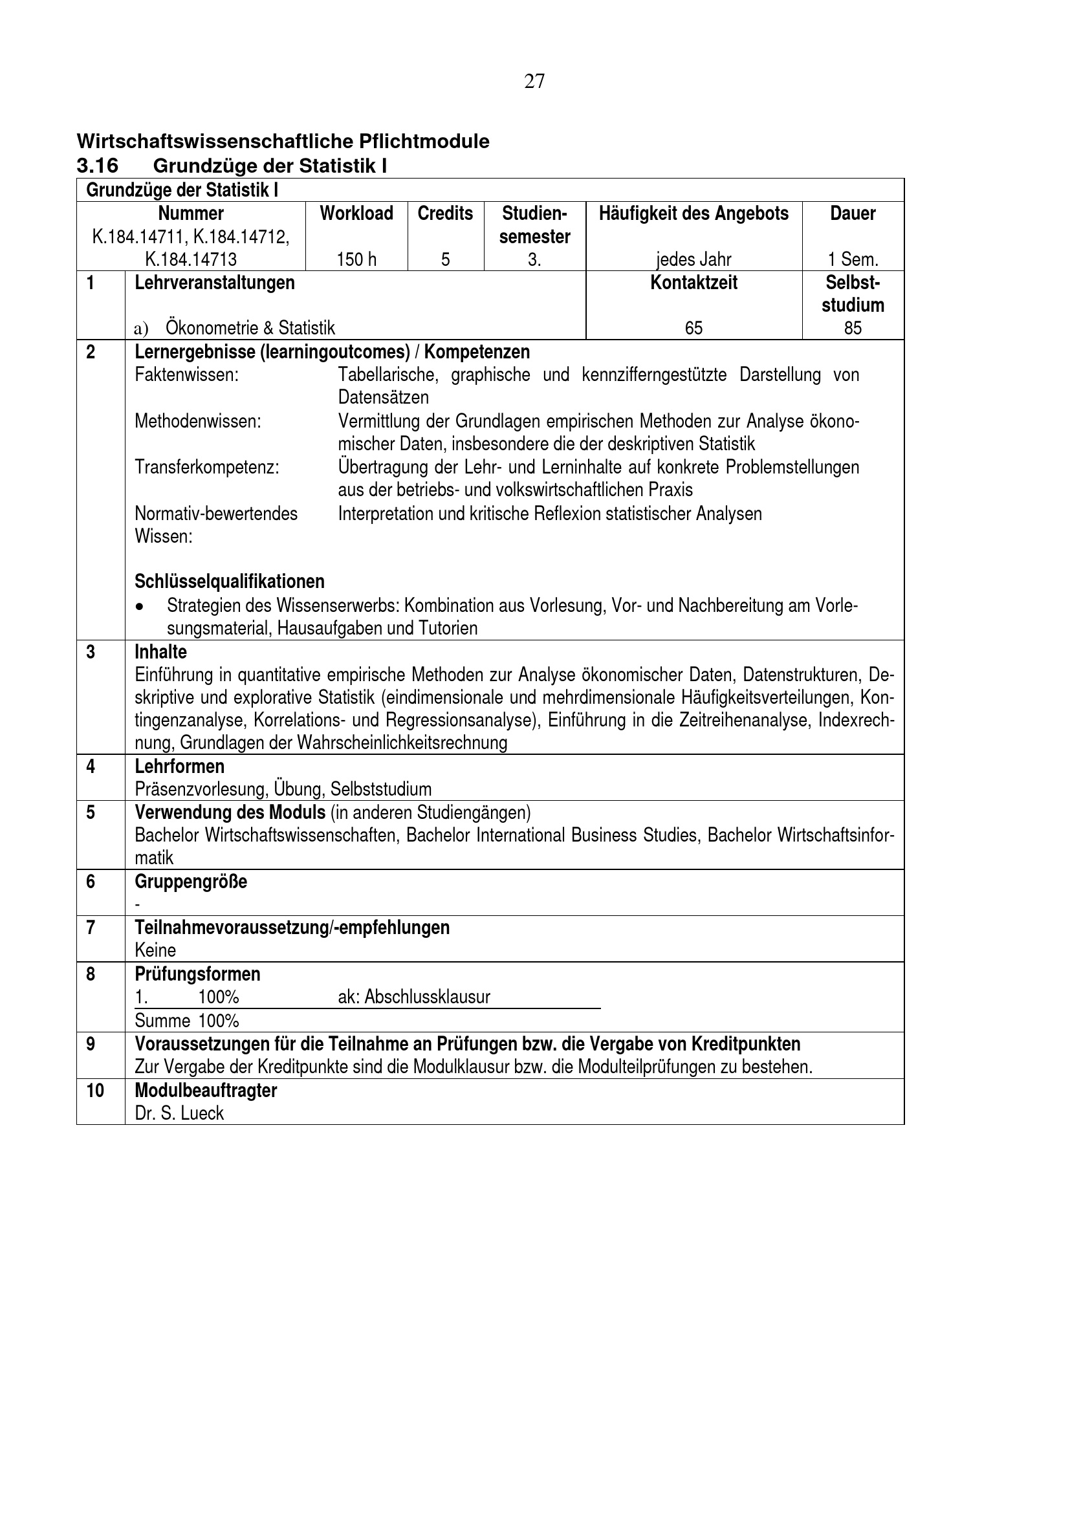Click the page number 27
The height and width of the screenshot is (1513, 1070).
(x=534, y=81)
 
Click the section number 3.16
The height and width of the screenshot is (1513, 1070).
(x=98, y=166)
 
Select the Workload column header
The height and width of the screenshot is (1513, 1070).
(x=356, y=213)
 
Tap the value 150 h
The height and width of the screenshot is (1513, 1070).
(x=356, y=259)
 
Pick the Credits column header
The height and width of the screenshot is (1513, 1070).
(x=445, y=213)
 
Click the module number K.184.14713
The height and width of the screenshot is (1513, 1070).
(x=191, y=259)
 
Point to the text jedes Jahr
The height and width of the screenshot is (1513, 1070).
(x=693, y=259)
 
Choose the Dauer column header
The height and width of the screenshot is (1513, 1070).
(x=853, y=213)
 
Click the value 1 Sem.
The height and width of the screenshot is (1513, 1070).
(x=853, y=259)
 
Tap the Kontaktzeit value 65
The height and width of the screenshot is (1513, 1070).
(x=693, y=328)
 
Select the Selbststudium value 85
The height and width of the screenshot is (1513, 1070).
(x=853, y=328)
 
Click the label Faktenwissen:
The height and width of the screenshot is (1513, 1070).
(x=186, y=375)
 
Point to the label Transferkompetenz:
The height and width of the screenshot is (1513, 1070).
(x=207, y=467)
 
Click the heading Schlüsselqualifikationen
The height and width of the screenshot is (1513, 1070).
(x=229, y=582)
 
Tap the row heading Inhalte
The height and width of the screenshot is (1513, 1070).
(x=161, y=653)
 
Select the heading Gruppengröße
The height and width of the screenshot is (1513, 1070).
(x=191, y=882)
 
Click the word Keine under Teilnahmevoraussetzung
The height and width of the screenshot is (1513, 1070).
(x=155, y=950)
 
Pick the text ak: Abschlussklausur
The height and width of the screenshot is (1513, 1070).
(x=414, y=997)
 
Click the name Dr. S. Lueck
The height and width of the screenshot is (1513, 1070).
(x=179, y=1113)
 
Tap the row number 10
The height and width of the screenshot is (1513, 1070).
(x=95, y=1091)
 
